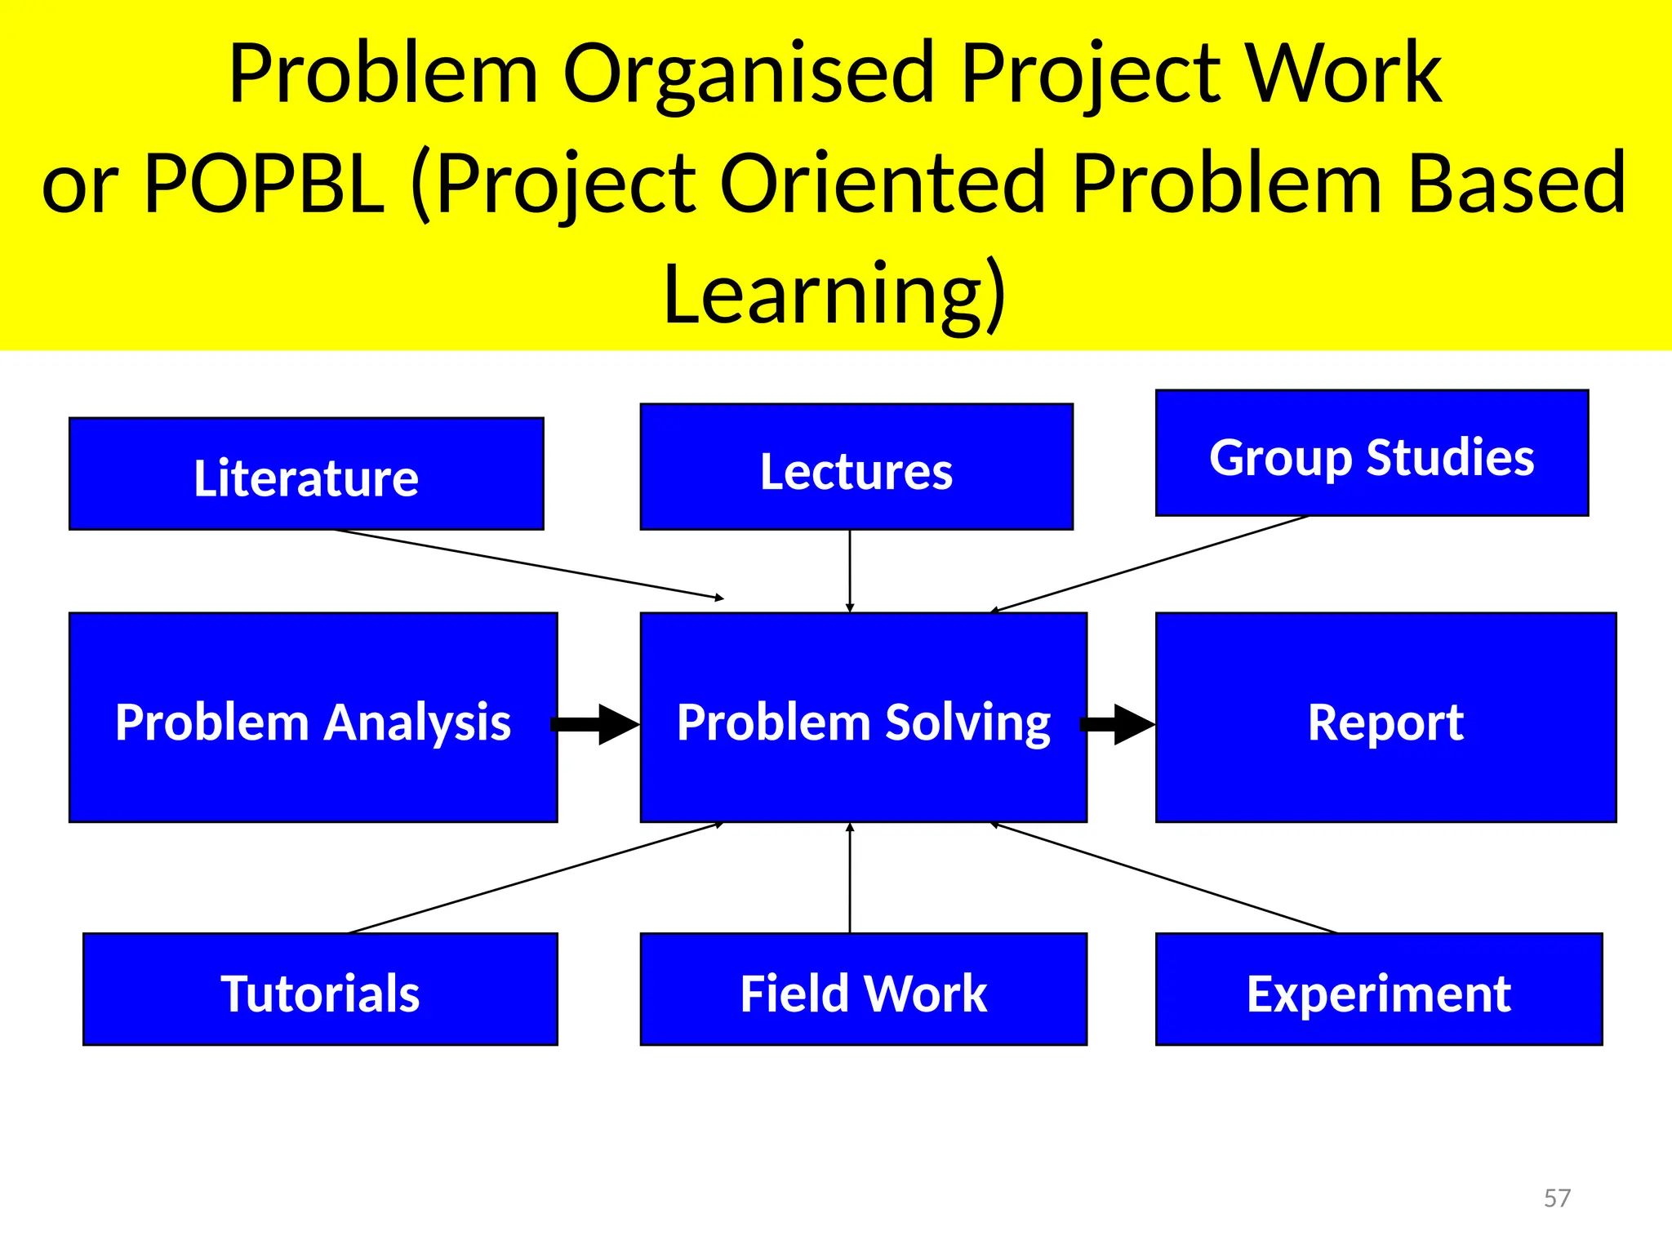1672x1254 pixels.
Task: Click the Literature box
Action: (x=306, y=474)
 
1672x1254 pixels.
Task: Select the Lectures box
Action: (x=856, y=467)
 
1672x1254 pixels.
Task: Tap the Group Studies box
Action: (x=1372, y=453)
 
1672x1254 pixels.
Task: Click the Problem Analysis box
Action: (x=313, y=718)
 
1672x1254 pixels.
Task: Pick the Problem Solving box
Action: (x=863, y=718)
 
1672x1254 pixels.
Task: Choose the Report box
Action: (x=1385, y=718)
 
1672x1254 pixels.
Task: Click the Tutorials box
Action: (x=320, y=989)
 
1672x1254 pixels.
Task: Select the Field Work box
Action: (x=863, y=989)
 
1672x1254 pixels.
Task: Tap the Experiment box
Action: (x=1379, y=989)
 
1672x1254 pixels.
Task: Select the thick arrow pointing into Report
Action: (x=1118, y=724)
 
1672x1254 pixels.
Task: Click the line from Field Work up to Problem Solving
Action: (x=850, y=878)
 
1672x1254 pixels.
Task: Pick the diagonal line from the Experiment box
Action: (x=1163, y=878)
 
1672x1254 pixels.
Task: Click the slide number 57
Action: (x=1557, y=1198)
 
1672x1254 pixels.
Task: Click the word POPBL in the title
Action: (x=264, y=183)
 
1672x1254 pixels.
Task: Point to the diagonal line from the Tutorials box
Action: (x=535, y=878)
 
